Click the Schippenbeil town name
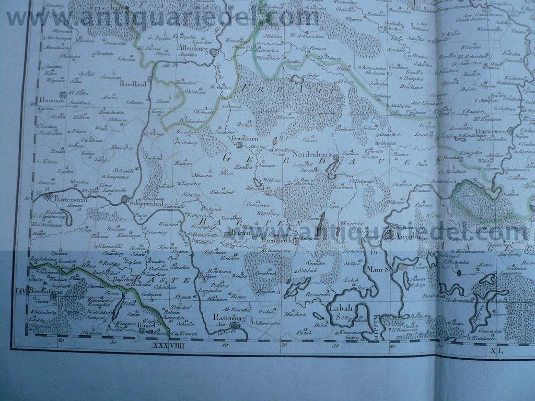150,203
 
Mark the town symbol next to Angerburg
388,235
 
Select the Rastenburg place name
229,317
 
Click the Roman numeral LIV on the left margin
21,291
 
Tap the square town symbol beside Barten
227,235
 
